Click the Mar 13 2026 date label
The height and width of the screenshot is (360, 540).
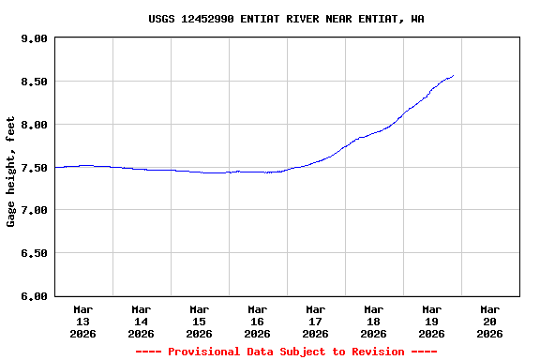point(83,321)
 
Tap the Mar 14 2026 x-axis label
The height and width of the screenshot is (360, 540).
point(142,321)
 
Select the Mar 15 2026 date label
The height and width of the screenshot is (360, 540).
point(200,321)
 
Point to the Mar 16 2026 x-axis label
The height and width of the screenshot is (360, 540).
point(258,321)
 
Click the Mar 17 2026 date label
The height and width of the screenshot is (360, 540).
point(316,321)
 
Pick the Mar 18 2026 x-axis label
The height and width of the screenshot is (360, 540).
point(374,321)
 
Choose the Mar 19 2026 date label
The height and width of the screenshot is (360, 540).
point(432,321)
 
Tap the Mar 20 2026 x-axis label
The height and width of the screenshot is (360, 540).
point(490,321)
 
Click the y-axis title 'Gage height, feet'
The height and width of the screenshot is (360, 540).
point(11,172)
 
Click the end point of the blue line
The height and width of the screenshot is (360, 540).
point(454,76)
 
